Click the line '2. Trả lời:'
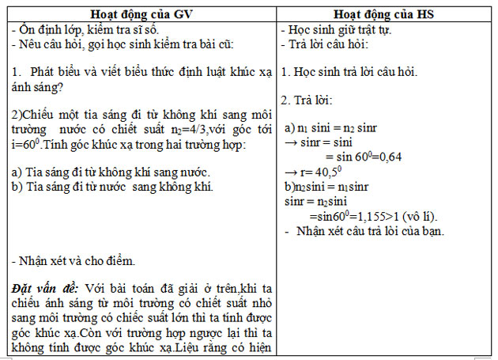[309, 101]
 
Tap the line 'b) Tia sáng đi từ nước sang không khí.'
[112, 188]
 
